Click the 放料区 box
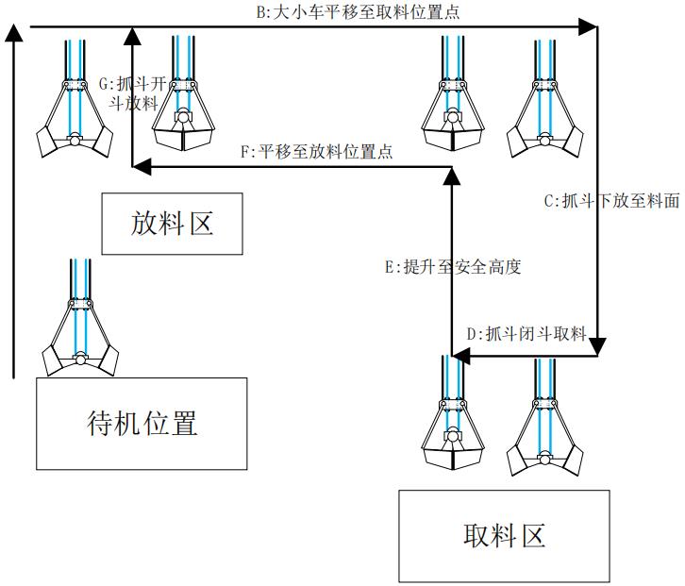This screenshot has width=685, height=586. point(172,224)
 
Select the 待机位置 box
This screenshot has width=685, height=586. point(142,424)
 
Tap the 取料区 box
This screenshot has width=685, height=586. point(504,536)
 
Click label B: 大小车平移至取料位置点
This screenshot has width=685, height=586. point(359,13)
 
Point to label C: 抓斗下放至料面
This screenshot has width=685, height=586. point(611,201)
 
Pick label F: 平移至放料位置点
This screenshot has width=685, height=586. point(317,151)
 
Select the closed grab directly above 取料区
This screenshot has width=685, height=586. point(455,420)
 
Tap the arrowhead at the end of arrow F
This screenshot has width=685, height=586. point(140,168)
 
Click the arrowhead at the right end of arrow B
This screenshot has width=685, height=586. point(591,28)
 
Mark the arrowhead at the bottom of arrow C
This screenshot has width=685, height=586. point(597,349)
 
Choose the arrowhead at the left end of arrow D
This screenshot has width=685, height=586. point(459,357)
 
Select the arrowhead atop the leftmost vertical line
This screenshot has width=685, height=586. point(14,34)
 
